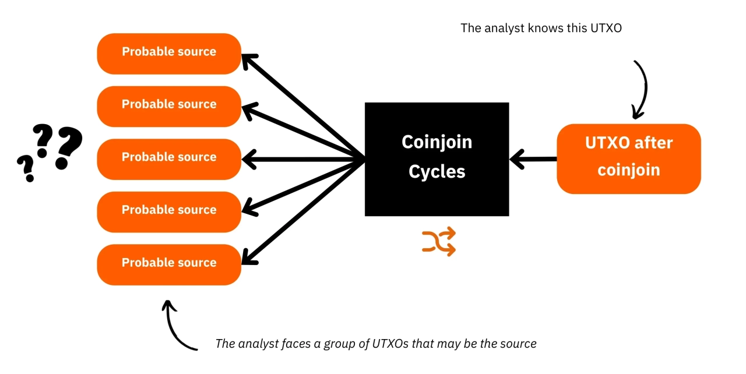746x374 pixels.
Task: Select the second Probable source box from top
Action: [168, 106]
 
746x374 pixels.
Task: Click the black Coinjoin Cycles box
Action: [437, 159]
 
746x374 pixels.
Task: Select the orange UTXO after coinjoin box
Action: [628, 158]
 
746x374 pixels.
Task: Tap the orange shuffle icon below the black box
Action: [438, 242]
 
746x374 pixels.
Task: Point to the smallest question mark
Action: [26, 168]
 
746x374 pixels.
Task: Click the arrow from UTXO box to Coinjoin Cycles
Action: [533, 158]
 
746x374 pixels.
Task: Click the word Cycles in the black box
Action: [437, 172]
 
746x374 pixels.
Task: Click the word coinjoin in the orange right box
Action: [628, 170]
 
